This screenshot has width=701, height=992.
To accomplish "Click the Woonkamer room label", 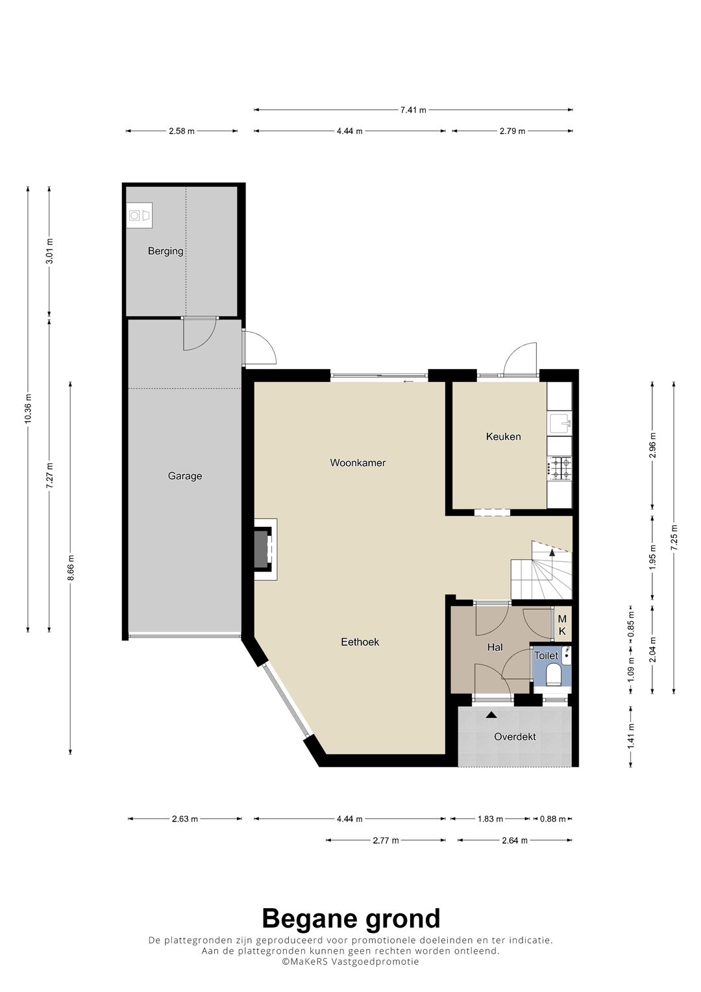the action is (358, 463).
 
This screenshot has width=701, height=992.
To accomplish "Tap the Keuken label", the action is (503, 437).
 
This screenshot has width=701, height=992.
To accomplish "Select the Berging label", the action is (166, 251).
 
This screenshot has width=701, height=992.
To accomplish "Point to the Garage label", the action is (185, 476).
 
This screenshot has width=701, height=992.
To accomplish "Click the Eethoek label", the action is (360, 642).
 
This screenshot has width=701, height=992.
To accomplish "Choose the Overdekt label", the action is (515, 737).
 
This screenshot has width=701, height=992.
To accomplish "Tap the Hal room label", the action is (495, 648).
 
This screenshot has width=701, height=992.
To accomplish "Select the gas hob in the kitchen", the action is (560, 468).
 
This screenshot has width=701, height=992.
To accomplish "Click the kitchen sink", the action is (560, 424).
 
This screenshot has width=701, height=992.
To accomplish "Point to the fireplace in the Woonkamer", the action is (265, 550).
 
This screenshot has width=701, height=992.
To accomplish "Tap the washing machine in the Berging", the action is (140, 216).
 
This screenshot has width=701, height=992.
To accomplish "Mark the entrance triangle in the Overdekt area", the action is (491, 715).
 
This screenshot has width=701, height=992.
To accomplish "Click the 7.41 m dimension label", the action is (413, 110).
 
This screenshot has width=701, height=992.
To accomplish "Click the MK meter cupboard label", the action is (562, 624).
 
